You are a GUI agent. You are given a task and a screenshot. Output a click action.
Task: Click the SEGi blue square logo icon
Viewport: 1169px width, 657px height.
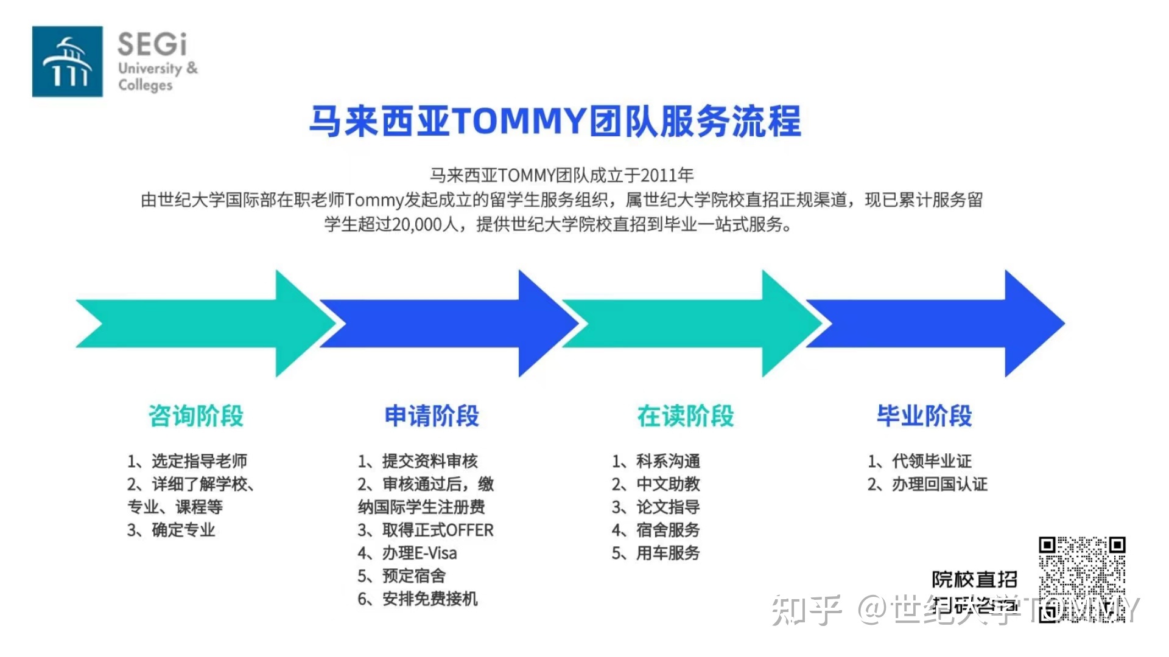pyautogui.click(x=67, y=61)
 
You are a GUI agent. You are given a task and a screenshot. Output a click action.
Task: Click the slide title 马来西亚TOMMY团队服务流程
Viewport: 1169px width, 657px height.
pyautogui.click(x=555, y=121)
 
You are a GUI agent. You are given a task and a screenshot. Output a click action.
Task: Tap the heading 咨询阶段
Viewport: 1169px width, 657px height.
pyautogui.click(x=196, y=416)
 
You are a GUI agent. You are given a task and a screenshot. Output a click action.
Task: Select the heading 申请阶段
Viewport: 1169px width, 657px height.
pyautogui.click(x=432, y=416)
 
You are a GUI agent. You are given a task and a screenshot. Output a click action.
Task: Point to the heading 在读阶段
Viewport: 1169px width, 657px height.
pyautogui.click(x=686, y=416)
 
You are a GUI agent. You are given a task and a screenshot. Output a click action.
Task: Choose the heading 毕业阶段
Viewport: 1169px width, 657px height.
pyautogui.click(x=924, y=416)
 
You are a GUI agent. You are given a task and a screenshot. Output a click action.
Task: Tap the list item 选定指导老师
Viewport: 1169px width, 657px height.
pyautogui.click(x=198, y=461)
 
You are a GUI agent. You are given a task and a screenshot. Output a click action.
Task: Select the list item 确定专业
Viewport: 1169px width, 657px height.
pyautogui.click(x=183, y=530)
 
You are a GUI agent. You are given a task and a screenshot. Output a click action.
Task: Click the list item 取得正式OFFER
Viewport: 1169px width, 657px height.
pyautogui.click(x=437, y=530)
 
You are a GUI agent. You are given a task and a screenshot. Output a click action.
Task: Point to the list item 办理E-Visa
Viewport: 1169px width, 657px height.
pyautogui.click(x=419, y=553)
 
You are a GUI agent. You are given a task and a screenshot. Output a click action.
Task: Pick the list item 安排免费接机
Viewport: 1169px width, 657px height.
pyautogui.click(x=429, y=599)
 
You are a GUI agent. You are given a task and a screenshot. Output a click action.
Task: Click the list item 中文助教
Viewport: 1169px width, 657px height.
pyautogui.click(x=667, y=484)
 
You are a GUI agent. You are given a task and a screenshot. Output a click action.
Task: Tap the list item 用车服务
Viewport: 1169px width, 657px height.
pyautogui.click(x=667, y=553)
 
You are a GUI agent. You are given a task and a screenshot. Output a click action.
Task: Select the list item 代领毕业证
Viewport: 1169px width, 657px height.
pyautogui.click(x=931, y=461)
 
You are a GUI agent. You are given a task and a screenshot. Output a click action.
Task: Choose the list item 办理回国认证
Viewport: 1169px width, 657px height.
pyautogui.click(x=939, y=484)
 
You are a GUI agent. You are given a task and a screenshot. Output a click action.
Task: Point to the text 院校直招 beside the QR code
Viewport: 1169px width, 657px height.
pyautogui.click(x=974, y=579)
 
